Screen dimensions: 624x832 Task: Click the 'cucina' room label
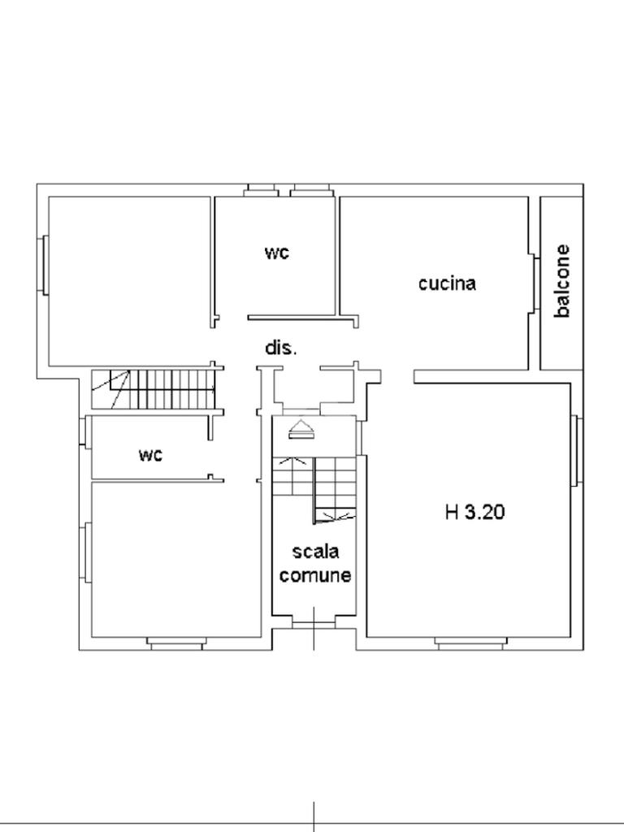pos(447,284)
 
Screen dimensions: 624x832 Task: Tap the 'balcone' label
pos(562,280)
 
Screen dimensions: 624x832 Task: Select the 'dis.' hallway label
pos(281,348)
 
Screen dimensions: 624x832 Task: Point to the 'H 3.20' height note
pos(474,512)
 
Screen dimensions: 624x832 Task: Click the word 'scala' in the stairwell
pos(316,552)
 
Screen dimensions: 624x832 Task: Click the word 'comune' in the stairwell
pos(315,575)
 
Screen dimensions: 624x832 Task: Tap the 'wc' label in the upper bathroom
pos(277,253)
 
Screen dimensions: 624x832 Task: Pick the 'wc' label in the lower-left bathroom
pos(150,455)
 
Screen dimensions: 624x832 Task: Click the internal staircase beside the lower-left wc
pos(154,389)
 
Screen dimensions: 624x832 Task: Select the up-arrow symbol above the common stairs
pos(301,429)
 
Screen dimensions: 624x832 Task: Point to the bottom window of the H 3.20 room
pos(469,643)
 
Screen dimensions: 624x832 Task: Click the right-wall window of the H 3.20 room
pos(577,450)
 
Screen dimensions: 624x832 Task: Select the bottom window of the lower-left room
pos(175,643)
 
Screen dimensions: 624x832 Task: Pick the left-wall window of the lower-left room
pos(85,552)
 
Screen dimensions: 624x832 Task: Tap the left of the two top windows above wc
pos(261,190)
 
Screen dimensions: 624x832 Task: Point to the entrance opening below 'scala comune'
pos(314,622)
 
